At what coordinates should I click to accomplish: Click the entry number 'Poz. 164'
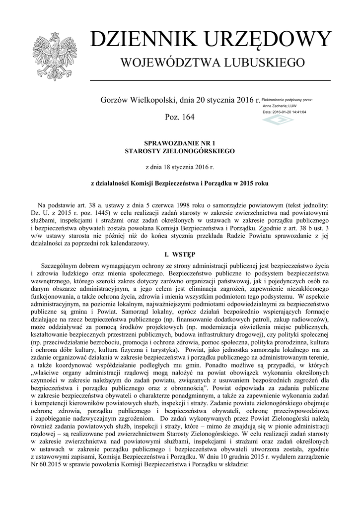pyautogui.click(x=179, y=118)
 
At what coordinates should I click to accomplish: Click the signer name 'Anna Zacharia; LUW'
pyautogui.click(x=280, y=106)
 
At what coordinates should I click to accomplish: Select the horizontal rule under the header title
pyautogui.click(x=210, y=80)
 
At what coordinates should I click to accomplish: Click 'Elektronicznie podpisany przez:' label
pyautogui.click(x=287, y=100)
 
